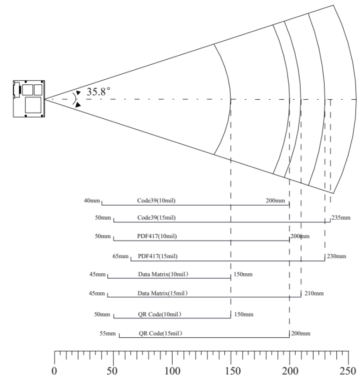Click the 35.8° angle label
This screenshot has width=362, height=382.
98,92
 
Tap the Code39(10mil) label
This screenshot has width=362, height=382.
156,201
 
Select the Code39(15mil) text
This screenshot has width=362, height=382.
156,217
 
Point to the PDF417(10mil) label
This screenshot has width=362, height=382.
157,236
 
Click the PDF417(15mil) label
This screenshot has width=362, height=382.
158,256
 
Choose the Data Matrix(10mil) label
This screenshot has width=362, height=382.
163,274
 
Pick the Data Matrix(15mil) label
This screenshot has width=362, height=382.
163,293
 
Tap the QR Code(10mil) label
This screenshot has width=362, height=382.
160,315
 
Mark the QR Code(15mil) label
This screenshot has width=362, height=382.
160,333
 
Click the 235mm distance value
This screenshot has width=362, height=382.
341,217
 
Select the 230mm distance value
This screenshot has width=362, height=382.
336,256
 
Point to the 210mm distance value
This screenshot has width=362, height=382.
314,293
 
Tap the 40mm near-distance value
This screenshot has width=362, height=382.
92,201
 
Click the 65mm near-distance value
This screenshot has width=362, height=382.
120,256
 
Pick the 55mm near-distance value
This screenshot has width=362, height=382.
107,333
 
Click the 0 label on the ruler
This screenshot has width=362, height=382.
54,371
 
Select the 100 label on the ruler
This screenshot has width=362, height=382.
173,371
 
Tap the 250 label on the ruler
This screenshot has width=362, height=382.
348,371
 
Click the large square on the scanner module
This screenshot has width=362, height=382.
33,105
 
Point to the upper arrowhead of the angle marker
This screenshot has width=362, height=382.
78,93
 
